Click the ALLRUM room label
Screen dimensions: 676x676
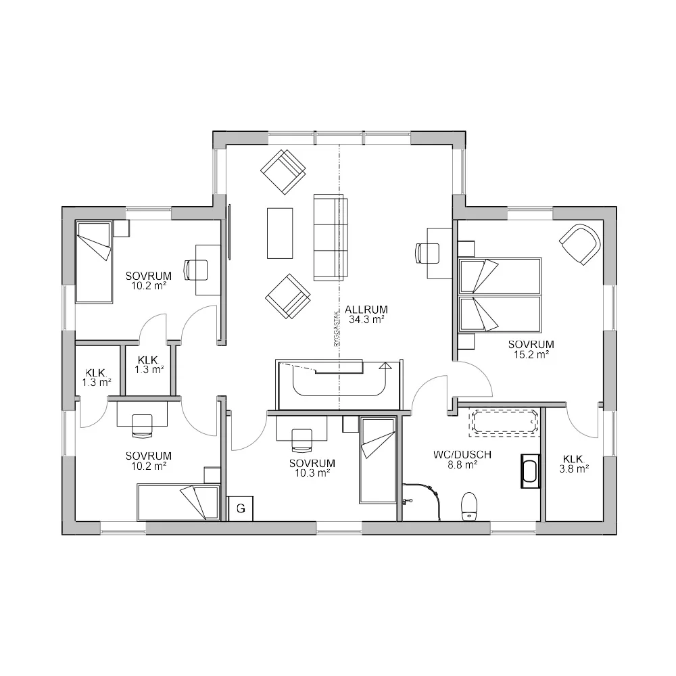click(x=367, y=310)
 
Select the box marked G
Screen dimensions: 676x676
click(x=241, y=508)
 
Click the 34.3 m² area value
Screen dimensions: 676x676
click(x=367, y=320)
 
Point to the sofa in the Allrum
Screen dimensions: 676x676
click(x=331, y=237)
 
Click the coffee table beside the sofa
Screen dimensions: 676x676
click(x=280, y=233)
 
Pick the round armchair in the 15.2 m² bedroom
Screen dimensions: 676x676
click(x=580, y=244)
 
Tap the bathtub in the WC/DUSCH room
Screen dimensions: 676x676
click(x=505, y=422)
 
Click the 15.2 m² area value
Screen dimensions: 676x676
click(x=531, y=354)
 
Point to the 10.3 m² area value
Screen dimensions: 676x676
click(x=312, y=473)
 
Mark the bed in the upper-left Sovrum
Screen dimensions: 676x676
click(x=93, y=262)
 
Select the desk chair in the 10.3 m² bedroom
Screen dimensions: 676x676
click(x=301, y=440)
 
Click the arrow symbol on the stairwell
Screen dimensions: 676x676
click(x=386, y=366)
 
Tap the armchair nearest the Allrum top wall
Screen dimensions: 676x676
click(x=283, y=172)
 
